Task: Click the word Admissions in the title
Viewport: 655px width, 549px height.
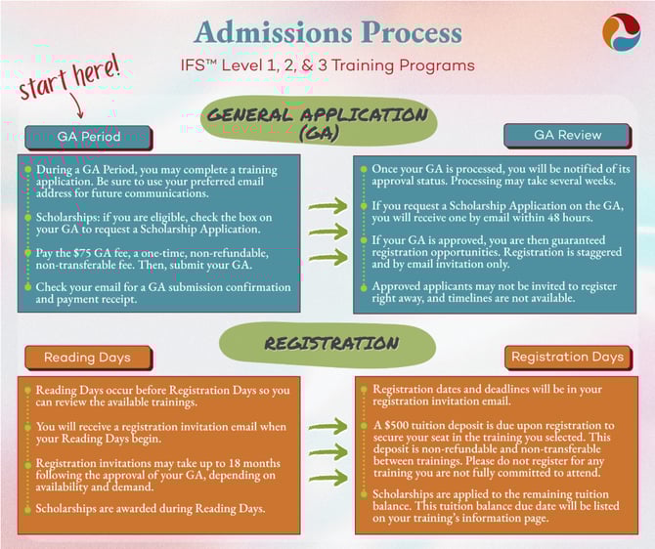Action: click(x=274, y=32)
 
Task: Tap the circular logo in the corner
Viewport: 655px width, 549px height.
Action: click(x=621, y=32)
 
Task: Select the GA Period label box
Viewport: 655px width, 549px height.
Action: click(x=89, y=137)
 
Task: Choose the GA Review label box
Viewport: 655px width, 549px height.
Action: click(x=567, y=135)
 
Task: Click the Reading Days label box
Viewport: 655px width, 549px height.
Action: click(x=88, y=358)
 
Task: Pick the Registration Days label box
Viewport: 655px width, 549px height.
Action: click(x=568, y=357)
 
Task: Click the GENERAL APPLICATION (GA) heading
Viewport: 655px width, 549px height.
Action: click(x=319, y=120)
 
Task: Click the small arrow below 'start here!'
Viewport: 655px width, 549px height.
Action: click(x=77, y=106)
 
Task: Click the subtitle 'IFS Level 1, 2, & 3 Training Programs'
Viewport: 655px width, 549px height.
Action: click(x=327, y=65)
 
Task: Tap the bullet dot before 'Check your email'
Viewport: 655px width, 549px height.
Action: click(x=28, y=287)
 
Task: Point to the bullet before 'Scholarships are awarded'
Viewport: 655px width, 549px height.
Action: click(x=28, y=509)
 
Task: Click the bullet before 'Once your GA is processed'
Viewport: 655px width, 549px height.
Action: click(x=364, y=169)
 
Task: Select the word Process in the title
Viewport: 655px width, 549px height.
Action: click(x=412, y=32)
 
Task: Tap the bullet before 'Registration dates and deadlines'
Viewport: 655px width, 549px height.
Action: click(x=364, y=389)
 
